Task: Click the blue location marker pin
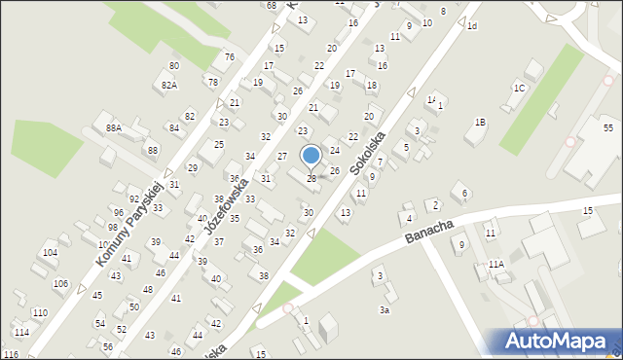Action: pos(311,156)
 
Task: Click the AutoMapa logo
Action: pos(558,342)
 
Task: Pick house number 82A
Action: pos(170,86)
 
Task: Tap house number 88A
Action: pos(114,127)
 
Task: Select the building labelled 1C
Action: pos(520,89)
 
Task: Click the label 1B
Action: pos(480,122)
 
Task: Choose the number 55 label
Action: pos(607,127)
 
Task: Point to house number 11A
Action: pos(496,265)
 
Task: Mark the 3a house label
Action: pos(385,309)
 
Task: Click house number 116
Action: pos(11,354)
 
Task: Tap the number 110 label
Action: pos(40,312)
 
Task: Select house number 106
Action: pos(61,283)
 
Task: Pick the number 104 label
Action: pos(50,252)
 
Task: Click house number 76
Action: pos(230,56)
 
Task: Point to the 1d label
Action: pos(472,25)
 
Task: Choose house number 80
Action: pos(173,65)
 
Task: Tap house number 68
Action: pos(271,5)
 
